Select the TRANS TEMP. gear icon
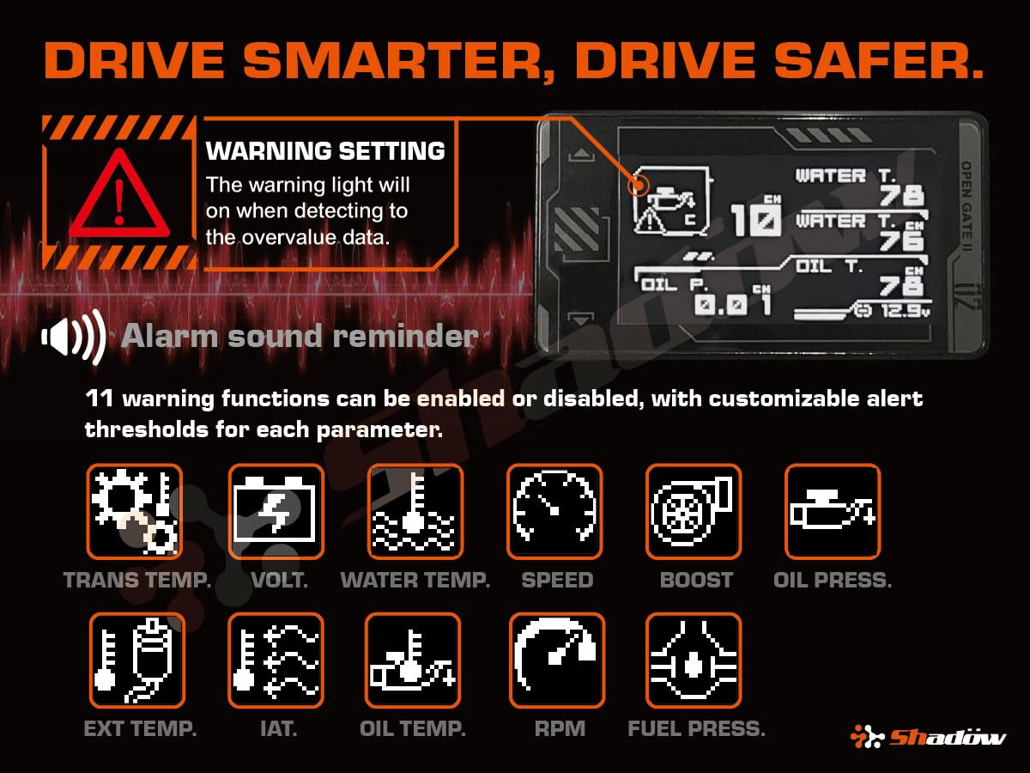point(134,512)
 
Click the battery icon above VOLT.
point(276,512)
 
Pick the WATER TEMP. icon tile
point(415,512)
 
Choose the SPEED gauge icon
point(554,512)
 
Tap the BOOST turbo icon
point(694,512)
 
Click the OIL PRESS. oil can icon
point(833,512)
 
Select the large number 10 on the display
point(755,220)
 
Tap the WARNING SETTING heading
point(325,152)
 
